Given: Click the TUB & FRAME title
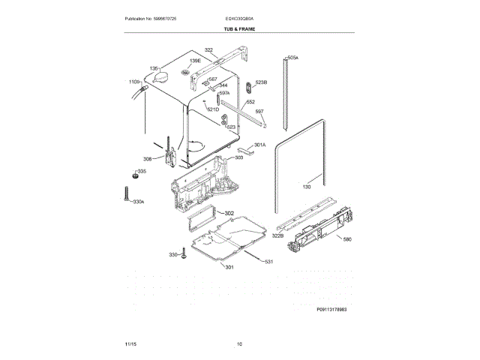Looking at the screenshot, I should click(239, 28).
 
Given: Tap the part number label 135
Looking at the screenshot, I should click(155, 68).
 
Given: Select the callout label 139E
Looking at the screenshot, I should click(195, 61).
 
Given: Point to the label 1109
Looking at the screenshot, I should click(134, 81).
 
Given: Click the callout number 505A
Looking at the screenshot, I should click(292, 57).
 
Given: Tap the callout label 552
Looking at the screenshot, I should click(250, 101).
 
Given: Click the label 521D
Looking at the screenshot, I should click(213, 110).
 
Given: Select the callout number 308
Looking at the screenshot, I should click(148, 159).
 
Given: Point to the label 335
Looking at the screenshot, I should click(142, 172).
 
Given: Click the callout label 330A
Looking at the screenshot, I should click(138, 202).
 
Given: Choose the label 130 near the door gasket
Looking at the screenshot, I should click(306, 187).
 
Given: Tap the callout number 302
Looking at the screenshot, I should click(229, 214).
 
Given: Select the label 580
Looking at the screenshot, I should click(347, 239).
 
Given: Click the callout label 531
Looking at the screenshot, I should click(268, 261).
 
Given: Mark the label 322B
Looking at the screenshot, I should click(277, 235).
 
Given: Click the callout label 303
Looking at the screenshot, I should click(238, 157).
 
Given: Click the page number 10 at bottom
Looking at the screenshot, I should click(239, 343).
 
